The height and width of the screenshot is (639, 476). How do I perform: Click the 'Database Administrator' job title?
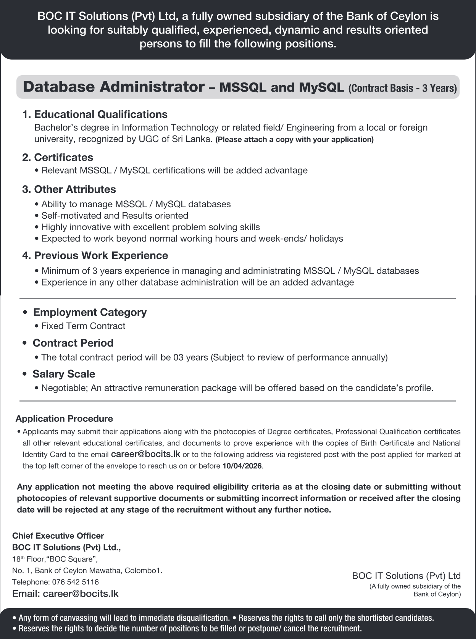[x=114, y=87]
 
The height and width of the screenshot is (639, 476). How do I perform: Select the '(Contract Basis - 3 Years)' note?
[x=402, y=88]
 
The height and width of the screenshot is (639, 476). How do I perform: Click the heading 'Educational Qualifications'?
[x=100, y=114]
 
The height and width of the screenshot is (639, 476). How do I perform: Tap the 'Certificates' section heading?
[x=63, y=157]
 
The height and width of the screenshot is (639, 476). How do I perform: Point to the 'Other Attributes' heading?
[x=75, y=189]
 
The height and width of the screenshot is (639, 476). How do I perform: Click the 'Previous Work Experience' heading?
[x=101, y=255]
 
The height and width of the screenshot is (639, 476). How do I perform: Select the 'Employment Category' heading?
[x=90, y=312]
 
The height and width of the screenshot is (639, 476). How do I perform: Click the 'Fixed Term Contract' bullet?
[x=83, y=326]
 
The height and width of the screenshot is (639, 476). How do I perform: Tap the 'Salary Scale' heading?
[x=64, y=374]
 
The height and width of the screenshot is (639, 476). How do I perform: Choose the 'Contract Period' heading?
[x=73, y=343]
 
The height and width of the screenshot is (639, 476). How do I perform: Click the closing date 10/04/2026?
[x=242, y=466]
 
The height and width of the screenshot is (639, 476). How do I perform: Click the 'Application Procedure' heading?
[x=64, y=419]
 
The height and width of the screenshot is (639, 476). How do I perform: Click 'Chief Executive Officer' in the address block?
[x=58, y=536]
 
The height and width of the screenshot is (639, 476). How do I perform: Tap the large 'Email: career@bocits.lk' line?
[x=65, y=594]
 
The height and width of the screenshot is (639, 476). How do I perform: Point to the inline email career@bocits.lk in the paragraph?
[x=145, y=454]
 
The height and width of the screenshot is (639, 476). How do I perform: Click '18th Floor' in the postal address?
[x=28, y=559]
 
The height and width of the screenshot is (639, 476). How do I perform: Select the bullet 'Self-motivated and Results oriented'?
[x=115, y=216]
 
